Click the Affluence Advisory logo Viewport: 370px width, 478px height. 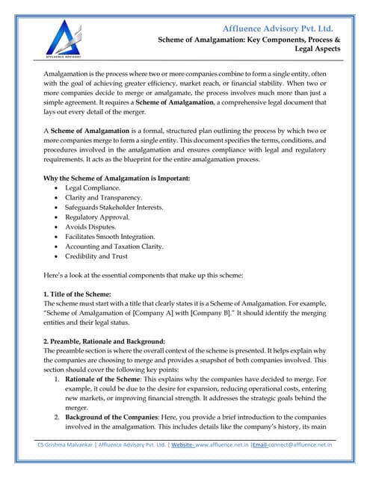(x=63, y=37)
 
